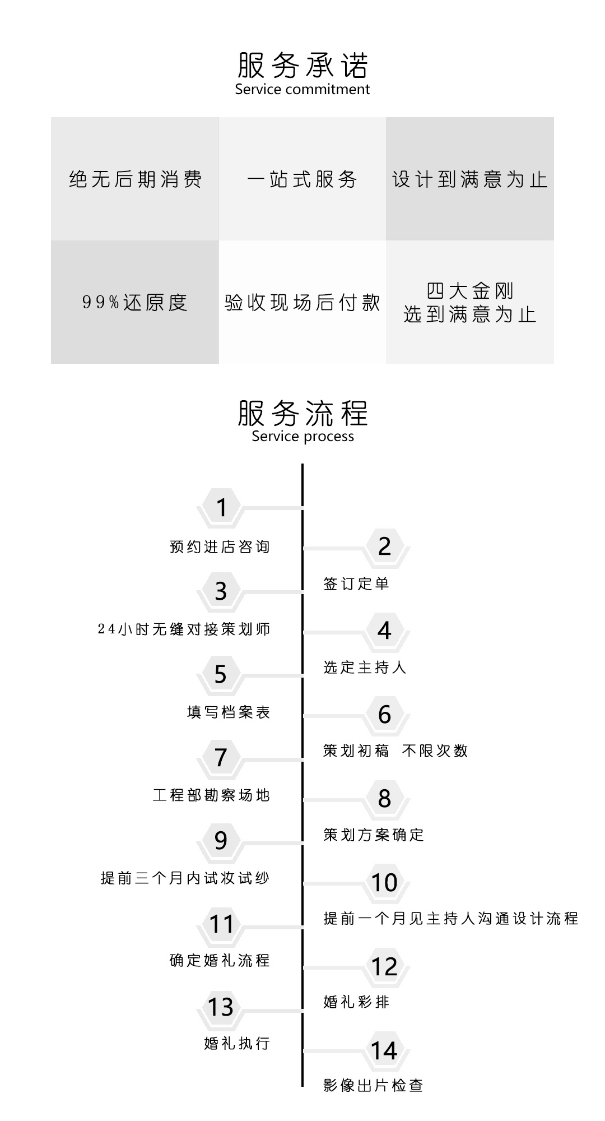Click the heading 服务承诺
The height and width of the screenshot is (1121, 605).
pos(302,65)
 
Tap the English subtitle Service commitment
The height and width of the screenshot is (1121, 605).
pos(302,90)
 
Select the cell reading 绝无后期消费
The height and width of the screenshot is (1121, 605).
pos(135,179)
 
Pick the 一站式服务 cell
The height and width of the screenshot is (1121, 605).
pos(302,179)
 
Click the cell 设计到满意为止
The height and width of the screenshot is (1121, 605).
pos(470,179)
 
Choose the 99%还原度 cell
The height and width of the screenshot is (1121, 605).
pos(135,302)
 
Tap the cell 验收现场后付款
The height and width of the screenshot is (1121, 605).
pos(302,302)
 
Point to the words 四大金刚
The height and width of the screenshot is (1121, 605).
pos(470,291)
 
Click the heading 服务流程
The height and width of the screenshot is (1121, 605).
pos(302,413)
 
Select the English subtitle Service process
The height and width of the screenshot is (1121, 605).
pos(302,437)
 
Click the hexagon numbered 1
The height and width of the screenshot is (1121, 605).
pos(221,507)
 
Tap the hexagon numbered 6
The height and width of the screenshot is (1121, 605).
pos(384,715)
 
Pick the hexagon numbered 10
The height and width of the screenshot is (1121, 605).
pos(384,883)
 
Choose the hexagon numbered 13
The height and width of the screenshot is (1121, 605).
pos(221,1007)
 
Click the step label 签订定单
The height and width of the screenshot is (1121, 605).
pos(356,583)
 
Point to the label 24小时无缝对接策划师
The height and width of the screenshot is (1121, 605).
pos(184,629)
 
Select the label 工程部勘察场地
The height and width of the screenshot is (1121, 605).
pos(212,795)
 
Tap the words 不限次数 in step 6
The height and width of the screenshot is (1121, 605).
pos(435,751)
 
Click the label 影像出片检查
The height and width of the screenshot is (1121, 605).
pos(373,1085)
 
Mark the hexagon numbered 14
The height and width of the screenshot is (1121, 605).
pos(384,1051)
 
